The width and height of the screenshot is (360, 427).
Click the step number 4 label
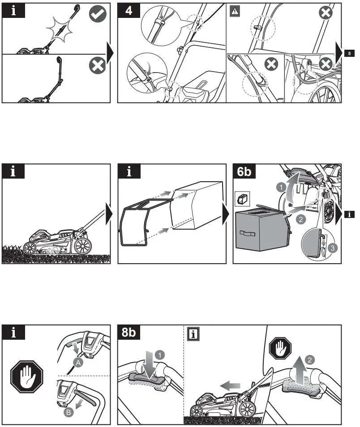tap(129, 11)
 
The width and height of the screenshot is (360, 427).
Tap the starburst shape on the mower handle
tap(59, 34)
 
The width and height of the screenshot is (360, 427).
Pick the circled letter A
tap(78, 364)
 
